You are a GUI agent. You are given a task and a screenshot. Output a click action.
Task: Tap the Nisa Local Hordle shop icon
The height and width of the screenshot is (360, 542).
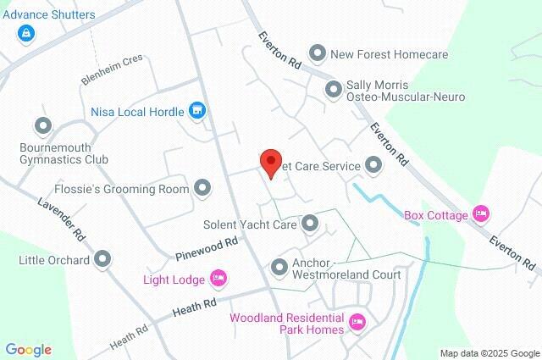(197, 110)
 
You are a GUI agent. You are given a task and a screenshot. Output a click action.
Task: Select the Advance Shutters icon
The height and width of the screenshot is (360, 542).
(26, 33)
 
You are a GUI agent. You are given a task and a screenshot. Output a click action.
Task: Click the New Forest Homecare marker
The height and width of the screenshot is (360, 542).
(318, 54)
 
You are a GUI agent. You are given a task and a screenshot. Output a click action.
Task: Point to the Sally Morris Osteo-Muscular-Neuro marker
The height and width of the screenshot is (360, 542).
(334, 88)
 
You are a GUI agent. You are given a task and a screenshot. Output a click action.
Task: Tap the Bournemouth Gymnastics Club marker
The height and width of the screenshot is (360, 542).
(43, 127)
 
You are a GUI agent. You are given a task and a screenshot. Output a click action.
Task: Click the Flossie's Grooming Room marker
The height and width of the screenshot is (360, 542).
(202, 188)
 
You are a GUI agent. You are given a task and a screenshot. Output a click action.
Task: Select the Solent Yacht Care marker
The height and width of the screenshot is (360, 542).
(310, 224)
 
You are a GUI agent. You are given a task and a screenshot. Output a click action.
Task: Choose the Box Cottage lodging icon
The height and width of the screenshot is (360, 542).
(481, 214)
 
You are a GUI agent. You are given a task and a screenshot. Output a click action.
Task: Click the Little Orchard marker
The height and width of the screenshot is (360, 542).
(102, 259)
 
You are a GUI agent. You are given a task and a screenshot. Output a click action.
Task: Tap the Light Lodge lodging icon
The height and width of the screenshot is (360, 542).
(218, 278)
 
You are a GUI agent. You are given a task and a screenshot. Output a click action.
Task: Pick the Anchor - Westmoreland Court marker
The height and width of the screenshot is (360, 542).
(279, 268)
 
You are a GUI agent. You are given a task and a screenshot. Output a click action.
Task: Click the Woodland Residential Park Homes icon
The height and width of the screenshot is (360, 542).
(357, 323)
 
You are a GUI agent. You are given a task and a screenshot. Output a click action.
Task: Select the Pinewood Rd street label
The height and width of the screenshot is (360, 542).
(207, 248)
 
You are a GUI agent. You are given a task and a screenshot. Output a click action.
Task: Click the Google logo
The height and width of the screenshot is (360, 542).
(28, 350)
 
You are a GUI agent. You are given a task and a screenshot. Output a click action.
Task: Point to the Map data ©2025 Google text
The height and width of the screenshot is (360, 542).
(489, 353)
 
